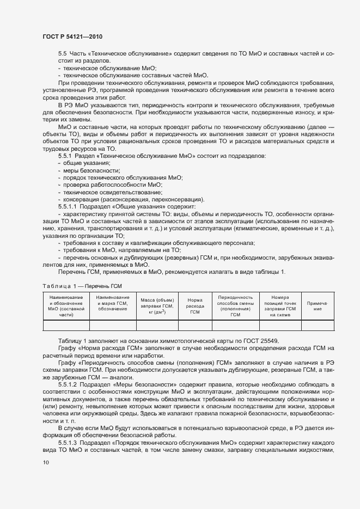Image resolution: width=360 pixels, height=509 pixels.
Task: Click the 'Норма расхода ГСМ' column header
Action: (x=195, y=306)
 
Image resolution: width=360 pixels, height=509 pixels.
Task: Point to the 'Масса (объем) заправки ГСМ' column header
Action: (x=157, y=306)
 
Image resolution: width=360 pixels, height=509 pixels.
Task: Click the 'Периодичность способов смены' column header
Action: (x=235, y=306)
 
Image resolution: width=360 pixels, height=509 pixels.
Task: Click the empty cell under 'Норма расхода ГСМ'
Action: (x=195, y=326)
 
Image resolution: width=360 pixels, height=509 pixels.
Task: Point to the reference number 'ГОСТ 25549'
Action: (x=260, y=341)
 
